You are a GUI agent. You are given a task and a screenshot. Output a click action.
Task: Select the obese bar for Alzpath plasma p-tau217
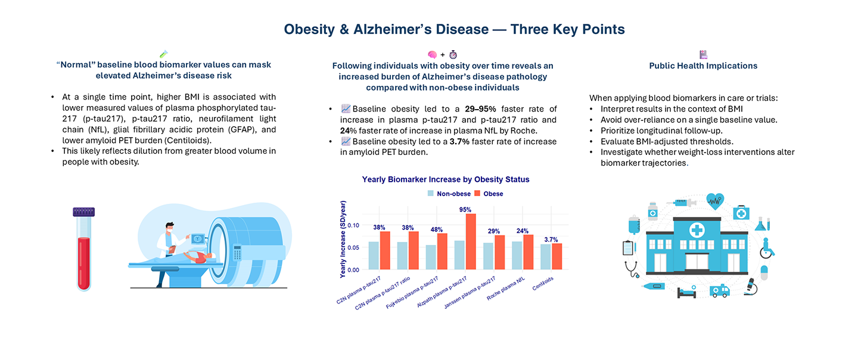coord(471,241)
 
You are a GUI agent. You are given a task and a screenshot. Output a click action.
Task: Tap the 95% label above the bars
coord(465,209)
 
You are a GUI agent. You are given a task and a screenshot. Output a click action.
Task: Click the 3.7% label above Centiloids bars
coord(551,239)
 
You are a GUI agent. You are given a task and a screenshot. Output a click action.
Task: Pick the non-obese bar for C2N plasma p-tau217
coord(374,255)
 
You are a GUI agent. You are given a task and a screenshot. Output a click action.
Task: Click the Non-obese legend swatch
coord(430,194)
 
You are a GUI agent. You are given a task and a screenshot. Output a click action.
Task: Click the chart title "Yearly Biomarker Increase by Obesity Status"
coord(446,179)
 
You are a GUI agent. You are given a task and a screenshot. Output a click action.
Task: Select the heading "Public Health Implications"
coord(703,66)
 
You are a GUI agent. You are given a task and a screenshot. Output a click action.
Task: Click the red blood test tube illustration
coord(83,250)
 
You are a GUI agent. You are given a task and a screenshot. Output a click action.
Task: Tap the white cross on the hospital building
coord(696,230)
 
